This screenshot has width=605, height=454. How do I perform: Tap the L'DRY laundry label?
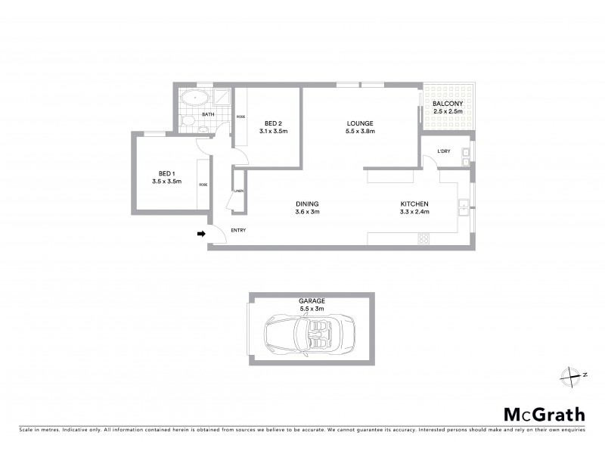[x=444, y=151]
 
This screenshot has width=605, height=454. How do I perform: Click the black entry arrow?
[x=201, y=234]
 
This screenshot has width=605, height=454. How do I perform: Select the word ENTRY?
[x=239, y=230]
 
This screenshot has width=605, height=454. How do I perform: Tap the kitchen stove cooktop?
[x=424, y=240]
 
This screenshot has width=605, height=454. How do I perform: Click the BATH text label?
[x=207, y=114]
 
